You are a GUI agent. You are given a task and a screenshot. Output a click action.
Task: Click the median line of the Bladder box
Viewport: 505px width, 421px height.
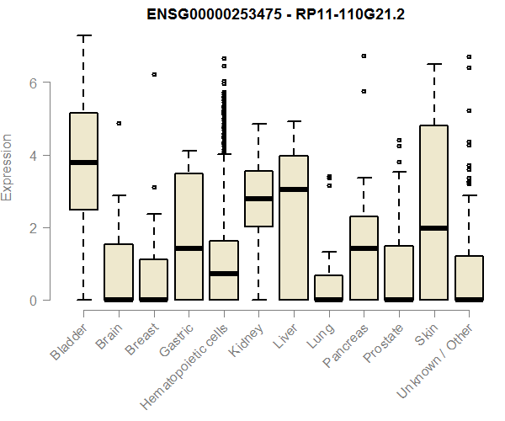click(x=83, y=163)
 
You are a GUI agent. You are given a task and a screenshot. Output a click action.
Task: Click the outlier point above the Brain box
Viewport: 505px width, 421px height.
click(x=119, y=124)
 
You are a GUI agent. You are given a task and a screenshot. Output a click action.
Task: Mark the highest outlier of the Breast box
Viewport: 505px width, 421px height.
click(x=154, y=74)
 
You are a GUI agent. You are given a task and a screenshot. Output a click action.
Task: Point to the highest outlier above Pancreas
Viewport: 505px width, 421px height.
click(x=364, y=56)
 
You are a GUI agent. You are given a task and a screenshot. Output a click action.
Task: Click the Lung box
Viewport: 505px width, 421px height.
click(x=328, y=287)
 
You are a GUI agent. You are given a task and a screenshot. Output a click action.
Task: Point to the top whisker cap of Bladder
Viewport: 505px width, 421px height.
click(x=83, y=35)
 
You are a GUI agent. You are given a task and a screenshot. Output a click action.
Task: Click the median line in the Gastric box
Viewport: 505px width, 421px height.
click(x=189, y=248)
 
